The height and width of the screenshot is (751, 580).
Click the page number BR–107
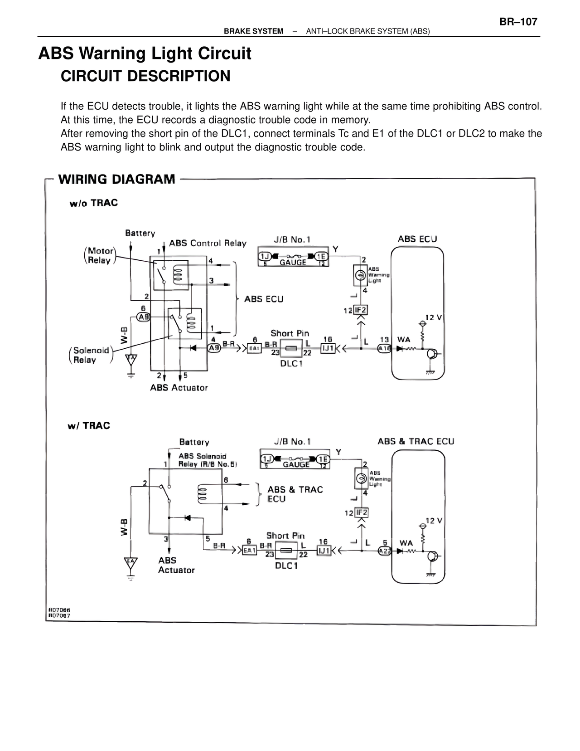(x=518, y=22)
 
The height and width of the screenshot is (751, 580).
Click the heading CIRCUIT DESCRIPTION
(x=145, y=76)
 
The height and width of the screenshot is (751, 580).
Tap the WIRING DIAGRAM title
(x=116, y=179)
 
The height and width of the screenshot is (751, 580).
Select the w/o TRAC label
(x=93, y=203)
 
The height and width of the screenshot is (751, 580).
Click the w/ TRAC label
(x=89, y=425)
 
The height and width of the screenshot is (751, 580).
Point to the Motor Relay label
(x=100, y=255)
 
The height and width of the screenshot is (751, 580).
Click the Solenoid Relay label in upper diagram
(x=91, y=355)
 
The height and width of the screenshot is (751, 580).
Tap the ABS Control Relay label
(x=208, y=243)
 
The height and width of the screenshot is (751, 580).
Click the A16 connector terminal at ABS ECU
(x=385, y=348)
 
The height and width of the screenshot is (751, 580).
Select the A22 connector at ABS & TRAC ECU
(x=385, y=551)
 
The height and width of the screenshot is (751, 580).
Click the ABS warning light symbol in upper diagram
(x=361, y=275)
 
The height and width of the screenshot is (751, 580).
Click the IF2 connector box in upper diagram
(x=361, y=310)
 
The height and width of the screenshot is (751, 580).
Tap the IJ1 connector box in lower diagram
(x=324, y=551)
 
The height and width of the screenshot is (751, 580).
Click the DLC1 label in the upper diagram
(x=291, y=364)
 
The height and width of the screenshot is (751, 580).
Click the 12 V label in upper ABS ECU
(x=433, y=317)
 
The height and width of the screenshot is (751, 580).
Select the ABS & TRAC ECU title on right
(x=416, y=441)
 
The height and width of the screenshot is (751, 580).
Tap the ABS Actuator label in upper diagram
(x=179, y=388)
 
